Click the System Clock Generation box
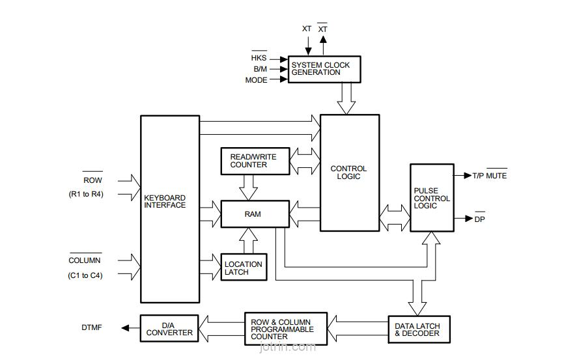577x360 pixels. (x=324, y=69)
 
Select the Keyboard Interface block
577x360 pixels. (x=170, y=209)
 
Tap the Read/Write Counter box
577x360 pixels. (x=255, y=161)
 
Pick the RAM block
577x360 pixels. (x=255, y=214)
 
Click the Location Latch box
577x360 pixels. (x=244, y=268)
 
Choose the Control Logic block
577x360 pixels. (x=350, y=173)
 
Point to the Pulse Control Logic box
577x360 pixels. (x=432, y=198)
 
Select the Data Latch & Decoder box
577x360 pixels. (x=419, y=329)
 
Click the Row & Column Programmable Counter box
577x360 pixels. (x=286, y=329)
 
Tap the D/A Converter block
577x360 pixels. (x=169, y=329)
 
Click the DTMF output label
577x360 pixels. (x=92, y=327)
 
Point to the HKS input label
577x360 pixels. (x=259, y=58)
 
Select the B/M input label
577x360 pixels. (x=260, y=69)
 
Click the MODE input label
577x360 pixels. (x=256, y=80)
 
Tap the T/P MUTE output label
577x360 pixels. (x=490, y=176)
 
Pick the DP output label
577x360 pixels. (x=479, y=219)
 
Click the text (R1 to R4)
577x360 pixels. (x=86, y=194)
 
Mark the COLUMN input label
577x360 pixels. (x=85, y=260)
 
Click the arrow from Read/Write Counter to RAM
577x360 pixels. (x=248, y=187)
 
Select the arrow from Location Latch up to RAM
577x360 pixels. (x=248, y=241)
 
